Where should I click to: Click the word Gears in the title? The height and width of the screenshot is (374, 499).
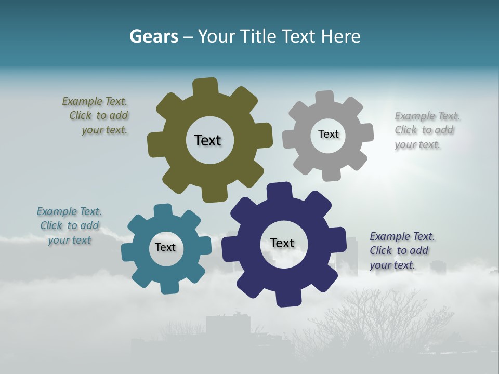pyautogui.click(x=154, y=37)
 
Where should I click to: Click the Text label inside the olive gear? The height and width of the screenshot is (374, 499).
pyautogui.click(x=207, y=140)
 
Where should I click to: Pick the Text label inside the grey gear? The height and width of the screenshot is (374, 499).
pyautogui.click(x=328, y=134)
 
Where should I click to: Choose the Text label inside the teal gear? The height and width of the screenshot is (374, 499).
pyautogui.click(x=165, y=247)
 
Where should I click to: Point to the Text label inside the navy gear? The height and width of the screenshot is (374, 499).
pyautogui.click(x=282, y=243)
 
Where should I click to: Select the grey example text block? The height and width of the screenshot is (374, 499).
pyautogui.click(x=426, y=130)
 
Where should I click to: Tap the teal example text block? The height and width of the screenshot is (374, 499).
pyautogui.click(x=69, y=225)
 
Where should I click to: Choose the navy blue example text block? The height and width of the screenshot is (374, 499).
pyautogui.click(x=401, y=250)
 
